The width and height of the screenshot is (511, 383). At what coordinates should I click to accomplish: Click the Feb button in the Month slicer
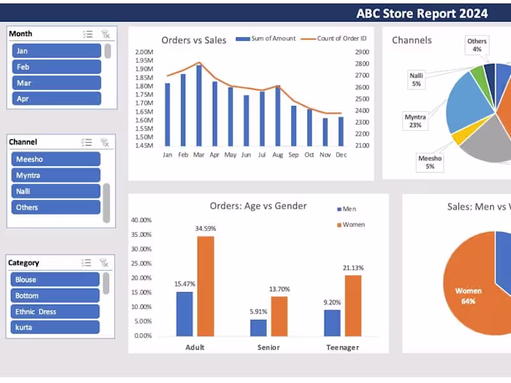[x=56, y=67]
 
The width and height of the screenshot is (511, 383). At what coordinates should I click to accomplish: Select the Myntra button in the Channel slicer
[x=56, y=176]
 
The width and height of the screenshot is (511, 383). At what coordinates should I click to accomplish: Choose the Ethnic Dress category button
[x=55, y=312]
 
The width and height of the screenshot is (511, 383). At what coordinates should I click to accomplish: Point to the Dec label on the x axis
[x=340, y=154]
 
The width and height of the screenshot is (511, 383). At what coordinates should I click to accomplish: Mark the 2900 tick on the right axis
[x=362, y=52]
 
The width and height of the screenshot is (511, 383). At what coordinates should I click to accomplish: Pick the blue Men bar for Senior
[x=258, y=327]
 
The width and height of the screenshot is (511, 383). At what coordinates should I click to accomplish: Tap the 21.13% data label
[x=353, y=268]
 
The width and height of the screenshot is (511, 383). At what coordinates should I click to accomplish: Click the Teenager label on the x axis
[x=342, y=348]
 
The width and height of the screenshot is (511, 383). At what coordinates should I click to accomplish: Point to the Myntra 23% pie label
[x=415, y=121]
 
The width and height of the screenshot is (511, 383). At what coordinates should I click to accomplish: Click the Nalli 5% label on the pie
[x=416, y=80]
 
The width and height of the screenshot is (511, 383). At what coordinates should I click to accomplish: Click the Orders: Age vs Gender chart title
[x=258, y=206]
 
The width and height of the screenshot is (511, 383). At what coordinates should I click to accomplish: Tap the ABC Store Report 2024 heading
[x=422, y=13]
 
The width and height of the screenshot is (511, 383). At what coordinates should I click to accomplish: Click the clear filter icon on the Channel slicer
[x=105, y=142]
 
